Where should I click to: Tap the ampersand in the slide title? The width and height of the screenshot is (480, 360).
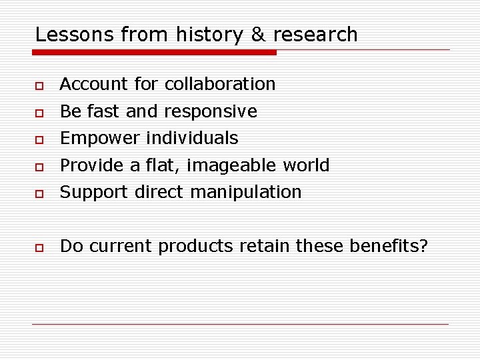pos(257,35)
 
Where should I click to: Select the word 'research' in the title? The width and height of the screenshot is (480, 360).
pos(315,35)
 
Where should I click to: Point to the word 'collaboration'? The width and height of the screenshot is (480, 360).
pos(220,84)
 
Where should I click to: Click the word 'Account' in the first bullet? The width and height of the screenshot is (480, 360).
pos(93,84)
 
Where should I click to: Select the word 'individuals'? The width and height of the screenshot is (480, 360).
pos(192,138)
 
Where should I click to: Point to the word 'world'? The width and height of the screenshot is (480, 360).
pos(306,165)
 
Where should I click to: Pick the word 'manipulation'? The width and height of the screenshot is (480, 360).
pos(246,193)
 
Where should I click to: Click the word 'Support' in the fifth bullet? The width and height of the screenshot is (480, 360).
pos(94,193)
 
